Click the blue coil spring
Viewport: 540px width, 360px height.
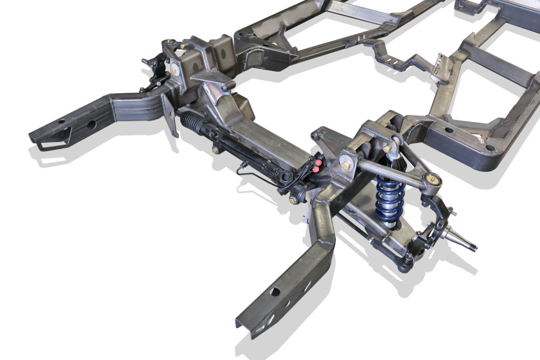390,197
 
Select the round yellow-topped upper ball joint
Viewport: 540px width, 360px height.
435,180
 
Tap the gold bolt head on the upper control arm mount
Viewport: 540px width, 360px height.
346,166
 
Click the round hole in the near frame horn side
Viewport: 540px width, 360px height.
276,291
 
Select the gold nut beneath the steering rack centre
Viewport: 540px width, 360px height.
215,150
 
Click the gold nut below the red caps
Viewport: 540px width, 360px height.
292,200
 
